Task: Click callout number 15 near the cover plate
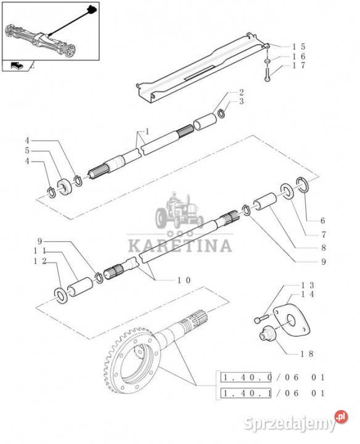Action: pyautogui.click(x=299, y=47)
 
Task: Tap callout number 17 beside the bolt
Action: pyautogui.click(x=299, y=65)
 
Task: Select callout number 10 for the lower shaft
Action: pyautogui.click(x=184, y=281)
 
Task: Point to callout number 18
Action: pyautogui.click(x=307, y=354)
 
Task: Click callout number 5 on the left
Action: pyautogui.click(x=27, y=150)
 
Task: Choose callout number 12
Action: pyautogui.click(x=40, y=261)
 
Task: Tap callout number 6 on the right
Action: pyautogui.click(x=322, y=220)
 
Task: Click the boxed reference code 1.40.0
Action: pyautogui.click(x=246, y=377)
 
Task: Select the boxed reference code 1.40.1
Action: pyautogui.click(x=246, y=393)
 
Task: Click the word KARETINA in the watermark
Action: pyautogui.click(x=180, y=245)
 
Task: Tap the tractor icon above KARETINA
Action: pyautogui.click(x=179, y=210)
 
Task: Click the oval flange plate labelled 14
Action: pyautogui.click(x=292, y=320)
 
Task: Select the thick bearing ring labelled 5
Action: pyautogui.click(x=65, y=187)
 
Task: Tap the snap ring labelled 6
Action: pyautogui.click(x=303, y=184)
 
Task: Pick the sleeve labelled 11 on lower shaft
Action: pyautogui.click(x=80, y=287)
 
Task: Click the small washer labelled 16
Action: pyautogui.click(x=268, y=61)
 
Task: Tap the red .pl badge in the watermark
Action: pyautogui.click(x=341, y=417)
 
